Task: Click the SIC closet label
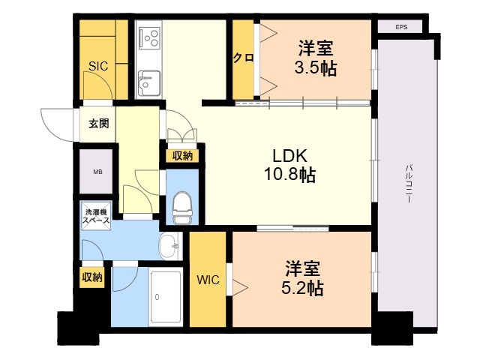98,66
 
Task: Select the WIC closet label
208,280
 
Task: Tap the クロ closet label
243,58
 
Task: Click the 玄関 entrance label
98,124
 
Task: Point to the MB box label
97,172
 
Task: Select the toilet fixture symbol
181,205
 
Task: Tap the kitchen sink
149,81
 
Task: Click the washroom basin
171,244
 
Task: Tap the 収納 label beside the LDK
182,156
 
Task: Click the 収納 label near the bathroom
92,277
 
